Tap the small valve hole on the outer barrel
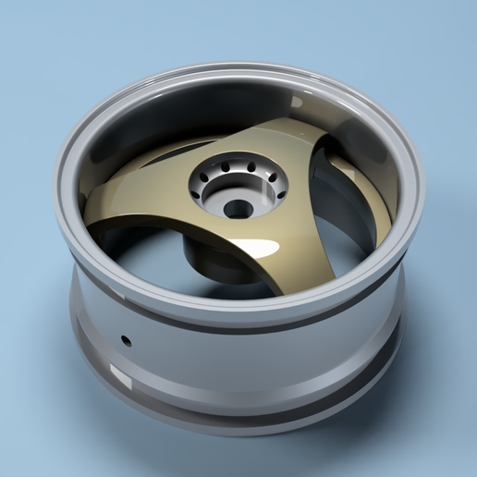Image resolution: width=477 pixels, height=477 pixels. point(127,339)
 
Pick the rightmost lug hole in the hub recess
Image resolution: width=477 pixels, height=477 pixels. point(279,195)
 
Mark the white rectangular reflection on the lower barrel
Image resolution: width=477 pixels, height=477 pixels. point(120,376)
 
